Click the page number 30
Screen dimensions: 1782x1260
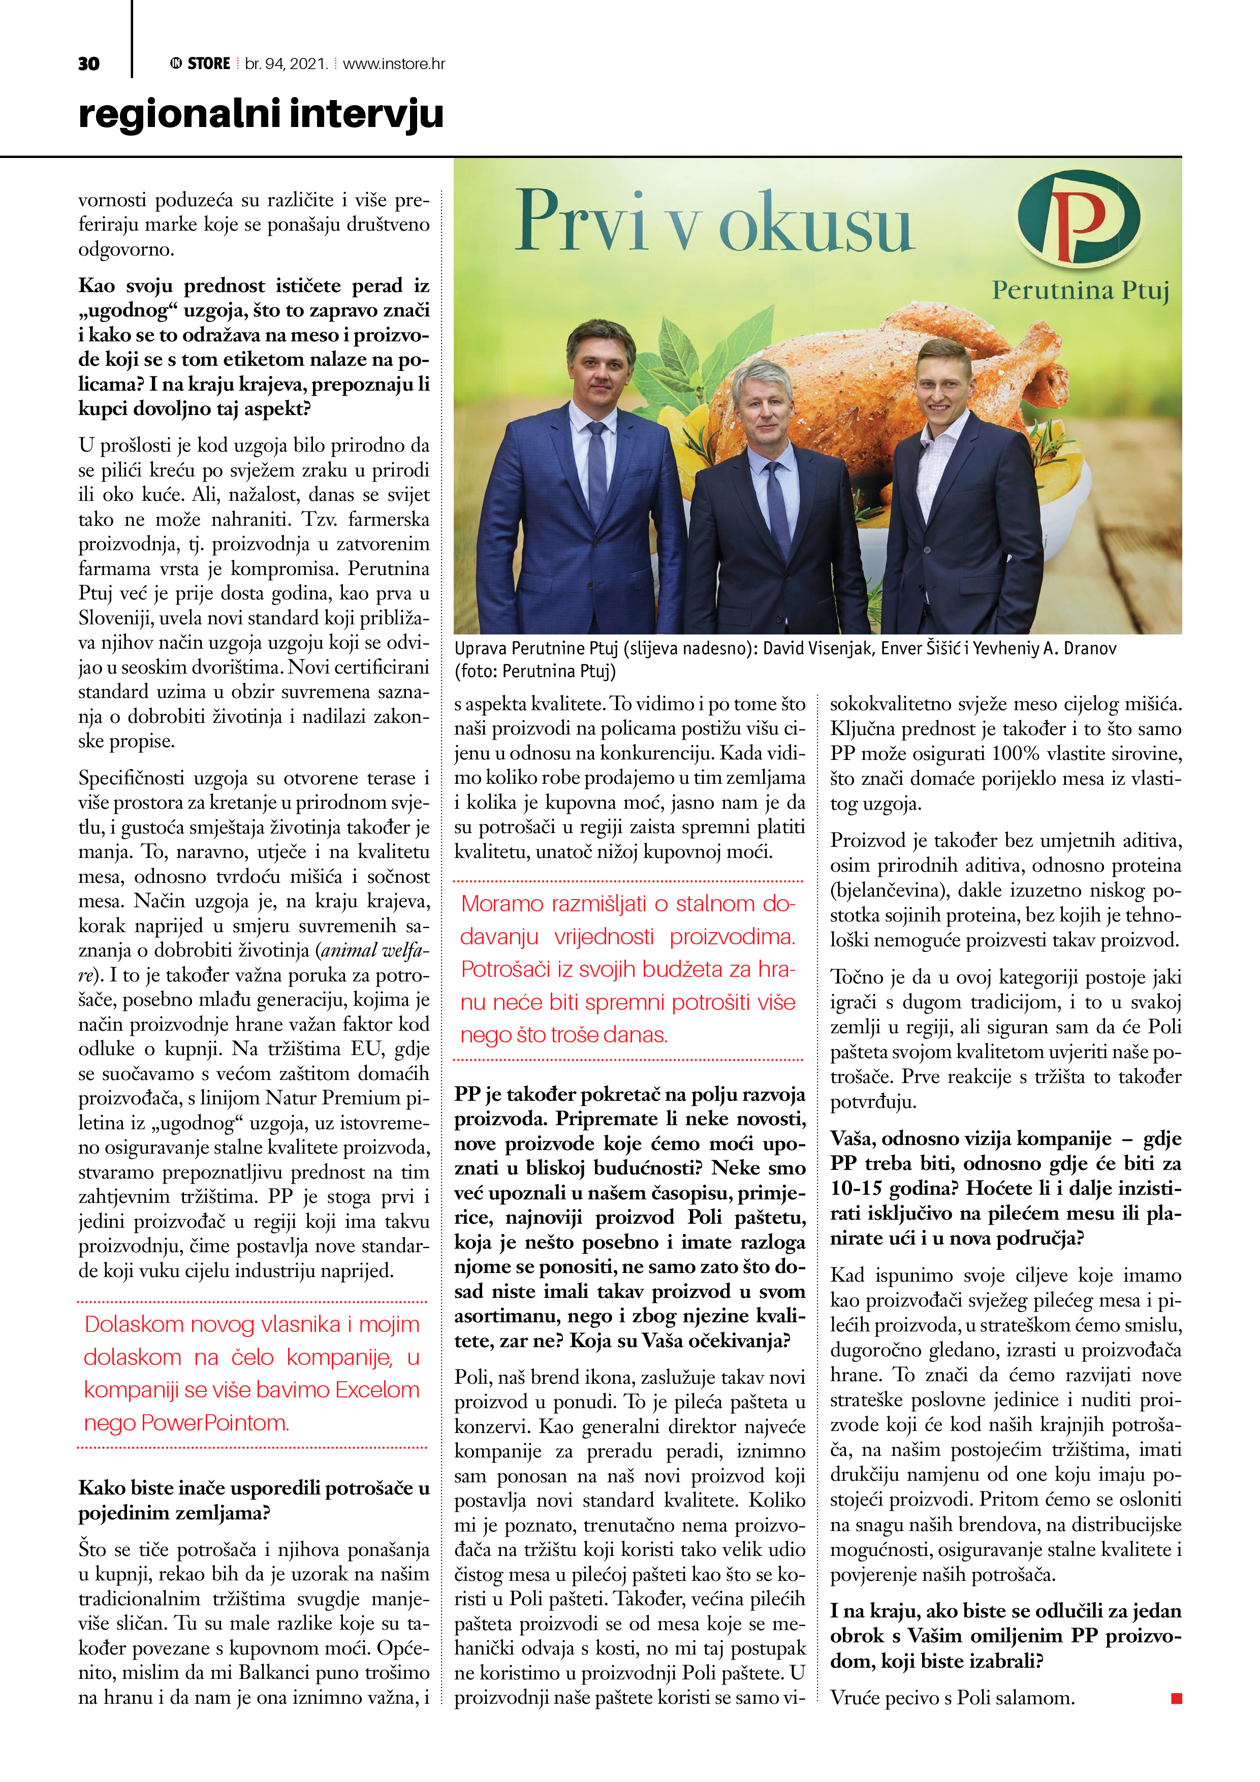88,63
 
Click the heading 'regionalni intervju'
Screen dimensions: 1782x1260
261,114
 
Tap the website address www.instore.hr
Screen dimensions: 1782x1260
394,63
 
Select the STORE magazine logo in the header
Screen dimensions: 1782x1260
200,63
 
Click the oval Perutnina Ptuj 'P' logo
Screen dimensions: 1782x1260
1079,219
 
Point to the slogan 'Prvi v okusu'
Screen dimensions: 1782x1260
714,222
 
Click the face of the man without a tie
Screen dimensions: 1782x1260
942,388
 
